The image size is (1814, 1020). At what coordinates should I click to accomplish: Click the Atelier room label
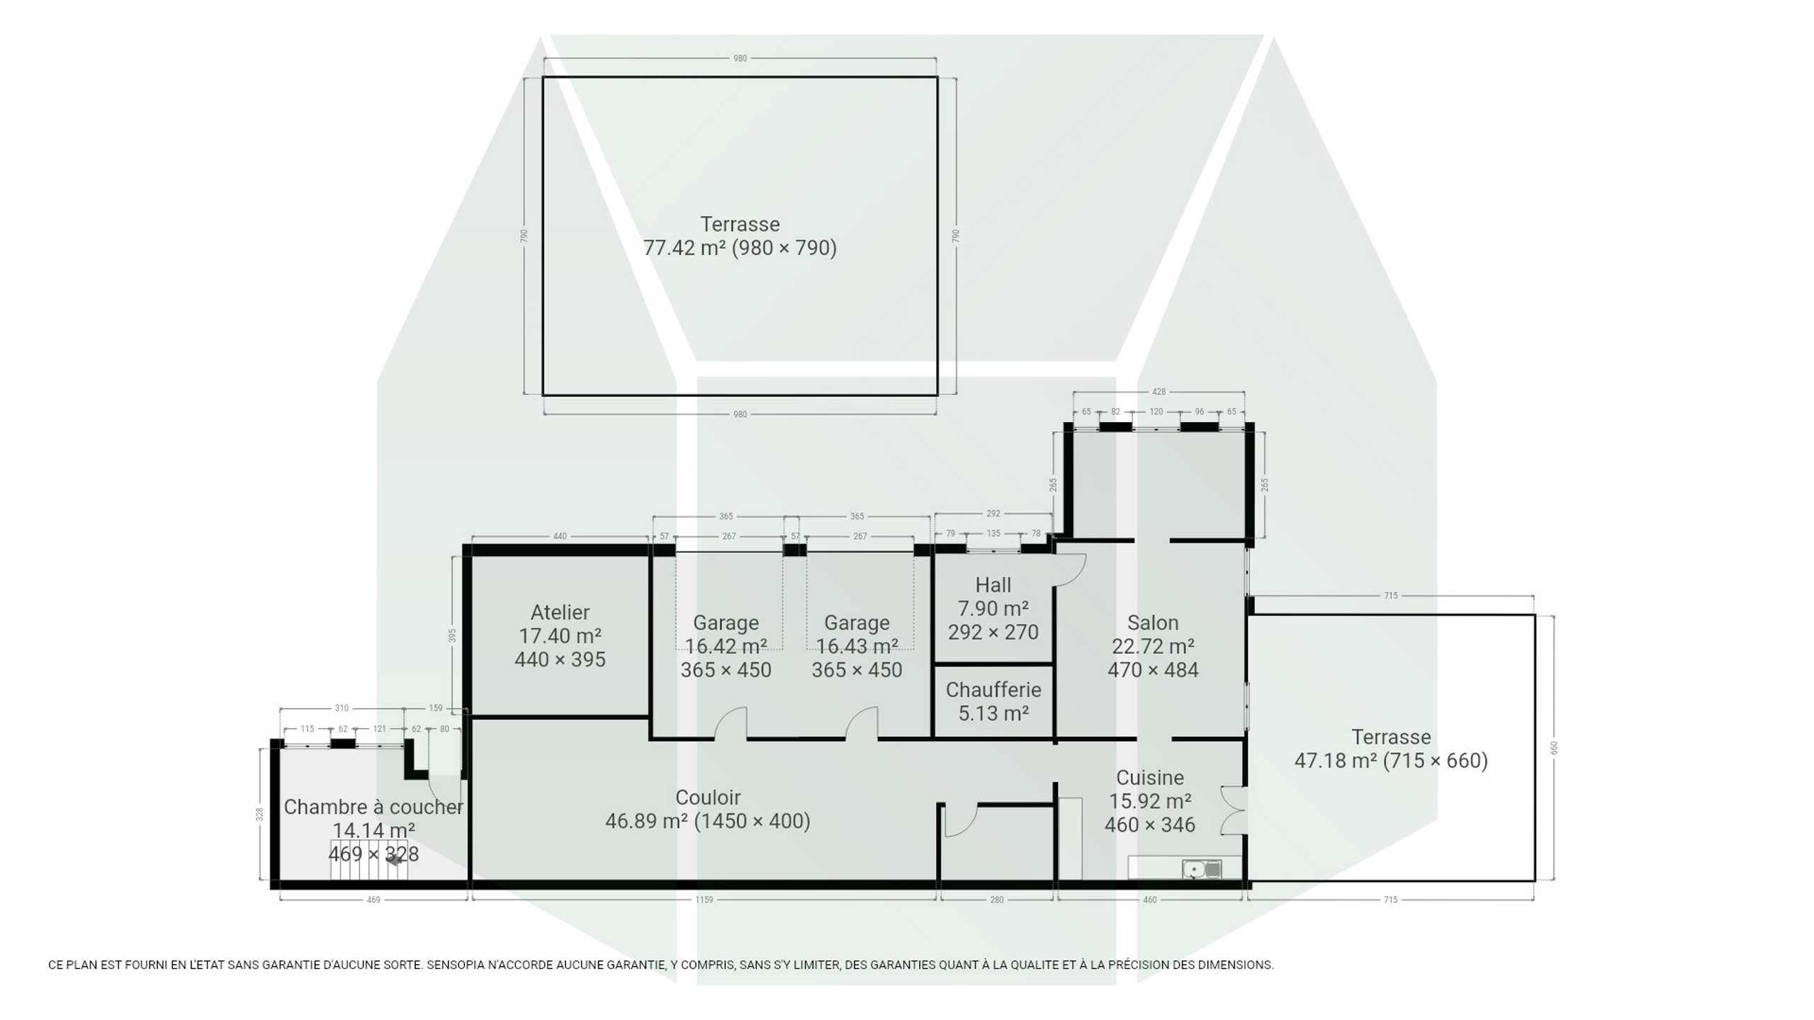[x=560, y=612]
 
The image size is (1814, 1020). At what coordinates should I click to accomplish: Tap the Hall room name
[x=993, y=585]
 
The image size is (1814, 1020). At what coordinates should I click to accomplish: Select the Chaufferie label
[x=993, y=689]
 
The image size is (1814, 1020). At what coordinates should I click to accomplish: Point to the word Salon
[x=1153, y=623]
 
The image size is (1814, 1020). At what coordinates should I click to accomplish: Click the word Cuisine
[x=1150, y=778]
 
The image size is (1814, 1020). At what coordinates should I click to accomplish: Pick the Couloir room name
[x=708, y=798]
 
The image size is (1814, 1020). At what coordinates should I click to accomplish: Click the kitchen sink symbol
[x=1202, y=868]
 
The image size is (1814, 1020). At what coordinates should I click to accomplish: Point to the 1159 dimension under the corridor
[x=704, y=900]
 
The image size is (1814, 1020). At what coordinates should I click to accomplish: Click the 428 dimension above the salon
[x=1159, y=391]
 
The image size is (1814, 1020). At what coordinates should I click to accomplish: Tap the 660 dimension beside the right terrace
[x=1554, y=748]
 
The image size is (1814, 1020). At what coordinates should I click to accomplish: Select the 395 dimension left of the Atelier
[x=452, y=635]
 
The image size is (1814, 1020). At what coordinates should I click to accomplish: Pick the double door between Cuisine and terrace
[x=1234, y=810]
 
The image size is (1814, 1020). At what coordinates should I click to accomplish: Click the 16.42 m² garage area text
[x=726, y=647]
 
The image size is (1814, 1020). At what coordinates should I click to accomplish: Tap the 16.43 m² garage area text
[x=857, y=647]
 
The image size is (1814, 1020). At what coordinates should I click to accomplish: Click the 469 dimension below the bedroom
[x=373, y=900]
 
